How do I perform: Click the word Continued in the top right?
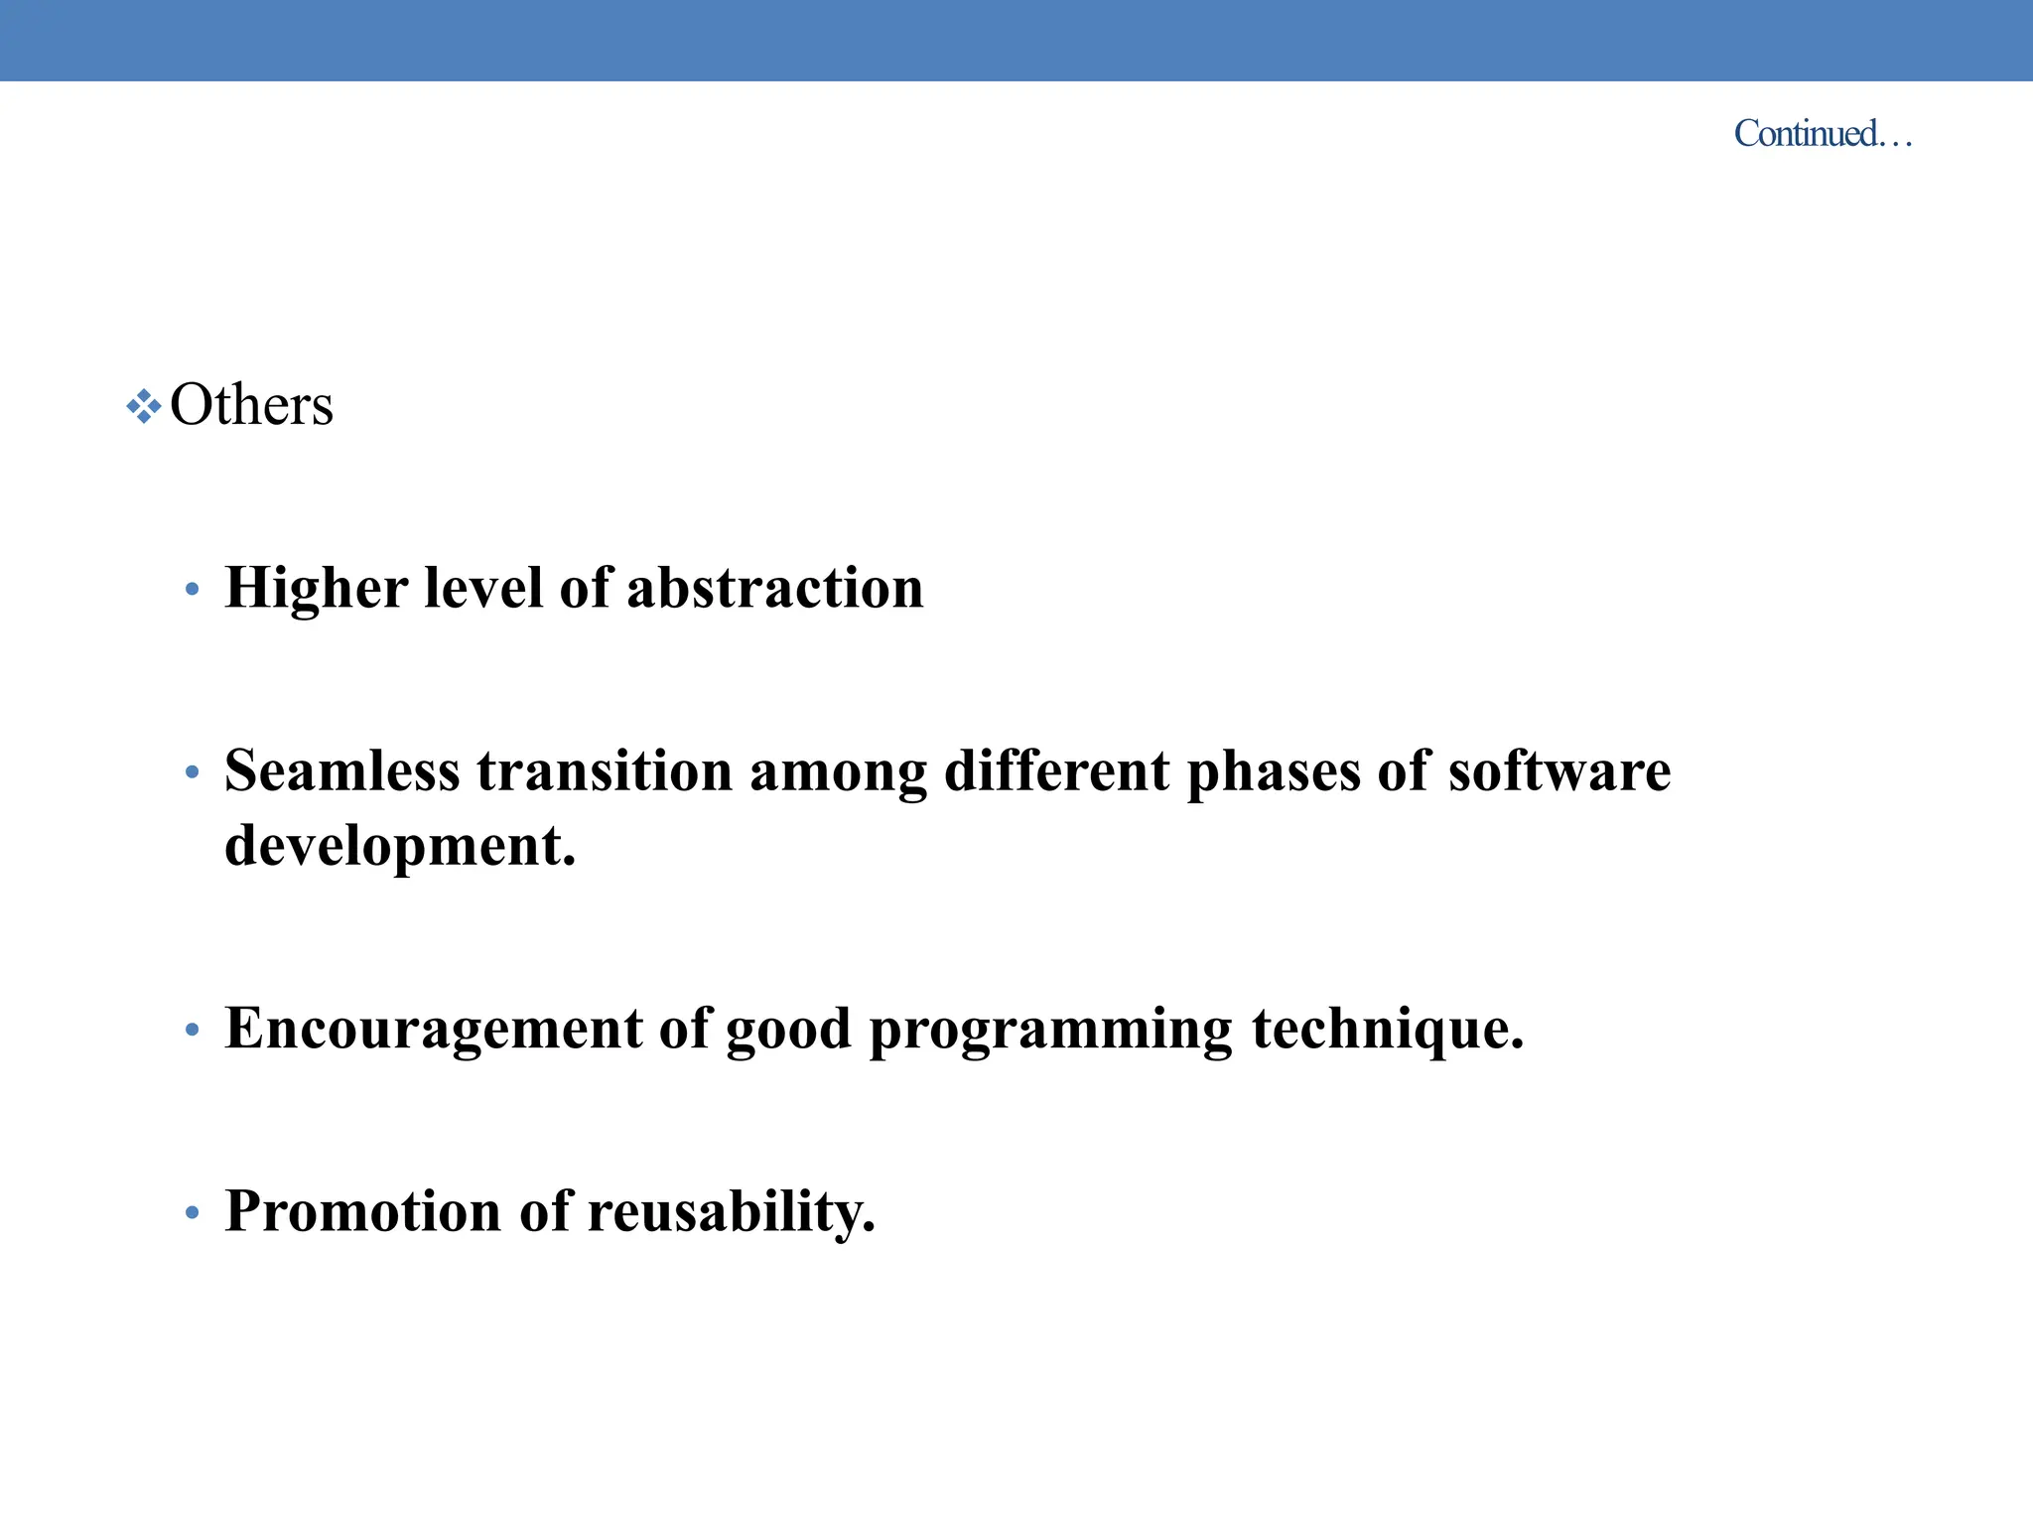1806,133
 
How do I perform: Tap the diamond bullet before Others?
144,406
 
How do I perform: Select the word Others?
251,405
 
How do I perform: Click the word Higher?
316,588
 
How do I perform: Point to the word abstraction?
774,588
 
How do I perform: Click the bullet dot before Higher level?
193,590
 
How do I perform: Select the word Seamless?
341,770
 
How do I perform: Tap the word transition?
604,770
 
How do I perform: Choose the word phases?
1274,772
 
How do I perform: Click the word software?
1559,770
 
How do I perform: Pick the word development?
399,847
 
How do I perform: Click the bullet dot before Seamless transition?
193,772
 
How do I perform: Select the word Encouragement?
434,1029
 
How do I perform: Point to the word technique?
1387,1029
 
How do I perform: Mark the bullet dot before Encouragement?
193,1031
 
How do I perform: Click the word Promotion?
362,1211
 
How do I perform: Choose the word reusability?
731,1212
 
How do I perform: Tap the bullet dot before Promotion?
193,1213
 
